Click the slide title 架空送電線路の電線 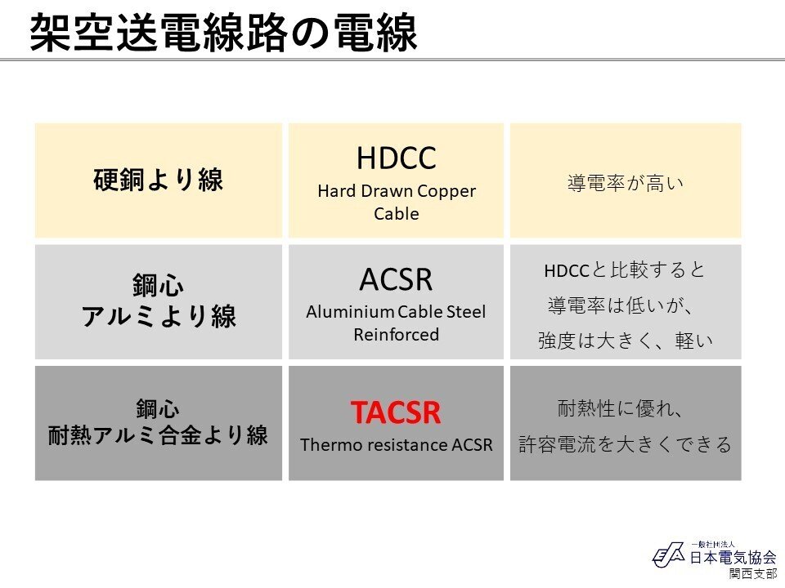223,33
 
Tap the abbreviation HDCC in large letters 396,158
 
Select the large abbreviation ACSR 396,279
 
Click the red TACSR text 396,412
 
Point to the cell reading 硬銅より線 158,180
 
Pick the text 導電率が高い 626,183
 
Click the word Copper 446,191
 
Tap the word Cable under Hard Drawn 396,213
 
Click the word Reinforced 396,335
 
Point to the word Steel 465,312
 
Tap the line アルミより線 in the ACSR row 158,316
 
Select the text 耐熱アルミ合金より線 158,435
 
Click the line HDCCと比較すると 625,270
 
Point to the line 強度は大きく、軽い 626,341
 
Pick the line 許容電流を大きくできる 626,444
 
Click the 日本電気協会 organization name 733,557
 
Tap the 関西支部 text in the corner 753,573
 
